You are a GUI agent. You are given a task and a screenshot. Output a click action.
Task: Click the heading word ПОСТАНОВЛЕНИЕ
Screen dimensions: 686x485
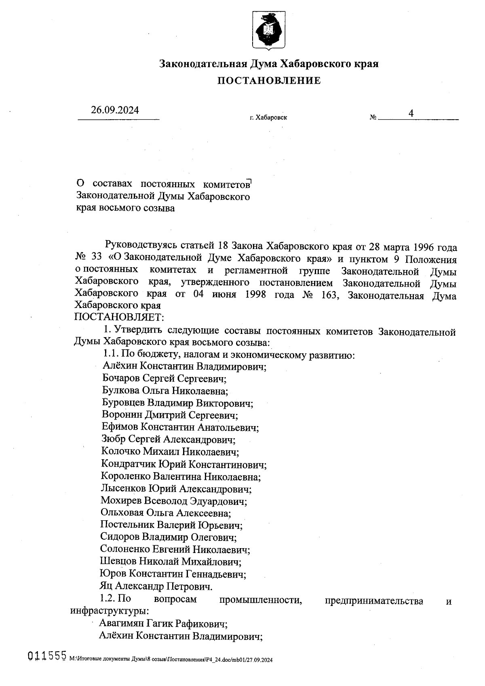click(269, 81)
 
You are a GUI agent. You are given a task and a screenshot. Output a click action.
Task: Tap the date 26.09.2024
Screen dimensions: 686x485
click(115, 110)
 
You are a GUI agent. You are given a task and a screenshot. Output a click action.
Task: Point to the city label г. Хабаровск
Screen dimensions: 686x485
click(268, 118)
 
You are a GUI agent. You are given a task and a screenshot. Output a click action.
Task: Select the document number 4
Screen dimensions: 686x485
click(411, 114)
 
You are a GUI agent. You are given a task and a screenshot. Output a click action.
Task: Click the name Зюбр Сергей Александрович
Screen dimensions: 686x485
click(169, 439)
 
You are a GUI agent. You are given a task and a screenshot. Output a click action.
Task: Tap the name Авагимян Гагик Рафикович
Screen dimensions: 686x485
click(163, 624)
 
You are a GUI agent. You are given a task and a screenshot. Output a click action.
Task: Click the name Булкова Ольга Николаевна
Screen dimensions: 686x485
click(165, 391)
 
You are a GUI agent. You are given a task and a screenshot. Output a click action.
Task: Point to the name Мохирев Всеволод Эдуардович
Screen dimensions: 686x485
click(174, 501)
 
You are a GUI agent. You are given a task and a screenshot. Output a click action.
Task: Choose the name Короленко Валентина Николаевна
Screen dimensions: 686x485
click(181, 477)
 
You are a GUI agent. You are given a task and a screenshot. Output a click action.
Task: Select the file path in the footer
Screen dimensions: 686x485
click(171, 659)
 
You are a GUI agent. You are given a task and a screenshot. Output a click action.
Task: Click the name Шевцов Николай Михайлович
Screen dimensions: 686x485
click(171, 561)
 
